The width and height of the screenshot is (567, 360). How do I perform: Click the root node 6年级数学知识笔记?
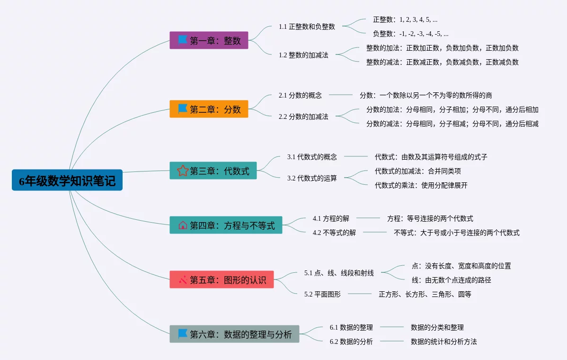point(67,180)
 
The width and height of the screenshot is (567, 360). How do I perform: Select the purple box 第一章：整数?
point(209,40)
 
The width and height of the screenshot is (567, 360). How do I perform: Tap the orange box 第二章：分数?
point(209,109)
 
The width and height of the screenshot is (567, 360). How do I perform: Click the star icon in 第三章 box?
point(183,171)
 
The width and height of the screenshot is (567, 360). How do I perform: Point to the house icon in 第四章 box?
point(183,225)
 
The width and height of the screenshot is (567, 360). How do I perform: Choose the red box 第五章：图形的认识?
point(221,279)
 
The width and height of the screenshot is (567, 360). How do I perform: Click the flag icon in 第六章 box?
point(183,333)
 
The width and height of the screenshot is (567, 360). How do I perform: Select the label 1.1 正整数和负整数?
point(307,27)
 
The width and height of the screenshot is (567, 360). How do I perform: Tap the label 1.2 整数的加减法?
point(303,55)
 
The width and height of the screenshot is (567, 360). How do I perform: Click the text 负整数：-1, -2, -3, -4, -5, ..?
point(411,34)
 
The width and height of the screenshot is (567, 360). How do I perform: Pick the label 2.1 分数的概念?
point(300,95)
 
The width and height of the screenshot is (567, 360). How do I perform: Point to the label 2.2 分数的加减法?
point(303,117)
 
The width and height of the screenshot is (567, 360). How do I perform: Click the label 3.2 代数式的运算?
point(312,178)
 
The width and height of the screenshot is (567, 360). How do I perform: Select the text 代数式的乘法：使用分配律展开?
point(421,185)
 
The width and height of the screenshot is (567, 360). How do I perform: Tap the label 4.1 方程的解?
point(331,218)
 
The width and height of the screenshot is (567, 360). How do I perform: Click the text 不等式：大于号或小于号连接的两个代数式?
point(457,233)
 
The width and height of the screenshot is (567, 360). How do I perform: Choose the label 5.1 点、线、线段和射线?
point(339,273)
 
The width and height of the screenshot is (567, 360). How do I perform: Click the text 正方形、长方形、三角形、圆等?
point(425,294)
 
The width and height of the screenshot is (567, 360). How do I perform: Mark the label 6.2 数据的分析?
point(351,342)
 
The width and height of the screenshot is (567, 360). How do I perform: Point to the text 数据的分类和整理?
point(437,327)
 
